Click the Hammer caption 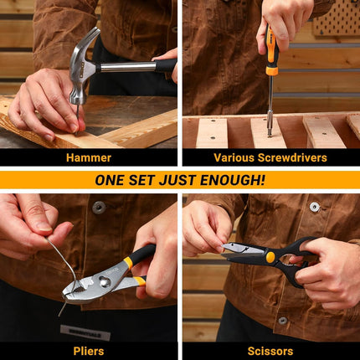coord(89,157)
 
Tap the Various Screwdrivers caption coord(270,157)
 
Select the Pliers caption coord(89,351)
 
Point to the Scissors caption coord(270,351)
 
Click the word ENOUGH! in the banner coord(232,180)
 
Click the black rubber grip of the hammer coord(167,66)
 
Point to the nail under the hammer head coord(78,120)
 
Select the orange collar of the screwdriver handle coord(272,71)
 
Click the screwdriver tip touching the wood coord(270,135)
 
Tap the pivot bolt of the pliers coord(105,282)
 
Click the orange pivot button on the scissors coord(270,257)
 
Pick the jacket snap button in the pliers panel coord(99,208)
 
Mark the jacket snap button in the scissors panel coord(315,207)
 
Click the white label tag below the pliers coord(85,333)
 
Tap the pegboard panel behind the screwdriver coord(336,18)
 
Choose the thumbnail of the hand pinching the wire coord(44,226)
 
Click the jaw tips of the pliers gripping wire coord(68,294)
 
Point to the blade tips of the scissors coord(225,249)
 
